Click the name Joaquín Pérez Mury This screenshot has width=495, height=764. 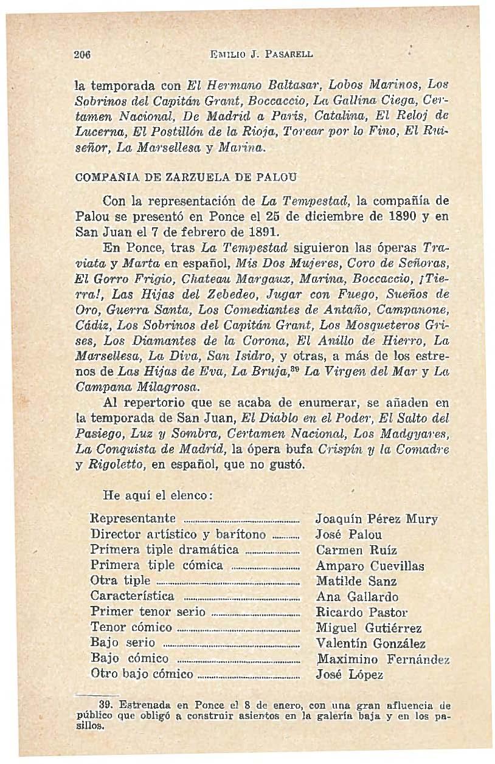377,520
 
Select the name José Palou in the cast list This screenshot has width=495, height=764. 349,535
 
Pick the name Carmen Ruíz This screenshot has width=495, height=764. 356,551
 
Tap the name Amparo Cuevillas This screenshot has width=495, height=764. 370,566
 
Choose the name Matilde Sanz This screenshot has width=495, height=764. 356,582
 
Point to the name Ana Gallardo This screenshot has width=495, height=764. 357,597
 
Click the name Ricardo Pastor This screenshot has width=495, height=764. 362,612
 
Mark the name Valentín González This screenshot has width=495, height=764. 370,644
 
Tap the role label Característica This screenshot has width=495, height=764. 132,596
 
